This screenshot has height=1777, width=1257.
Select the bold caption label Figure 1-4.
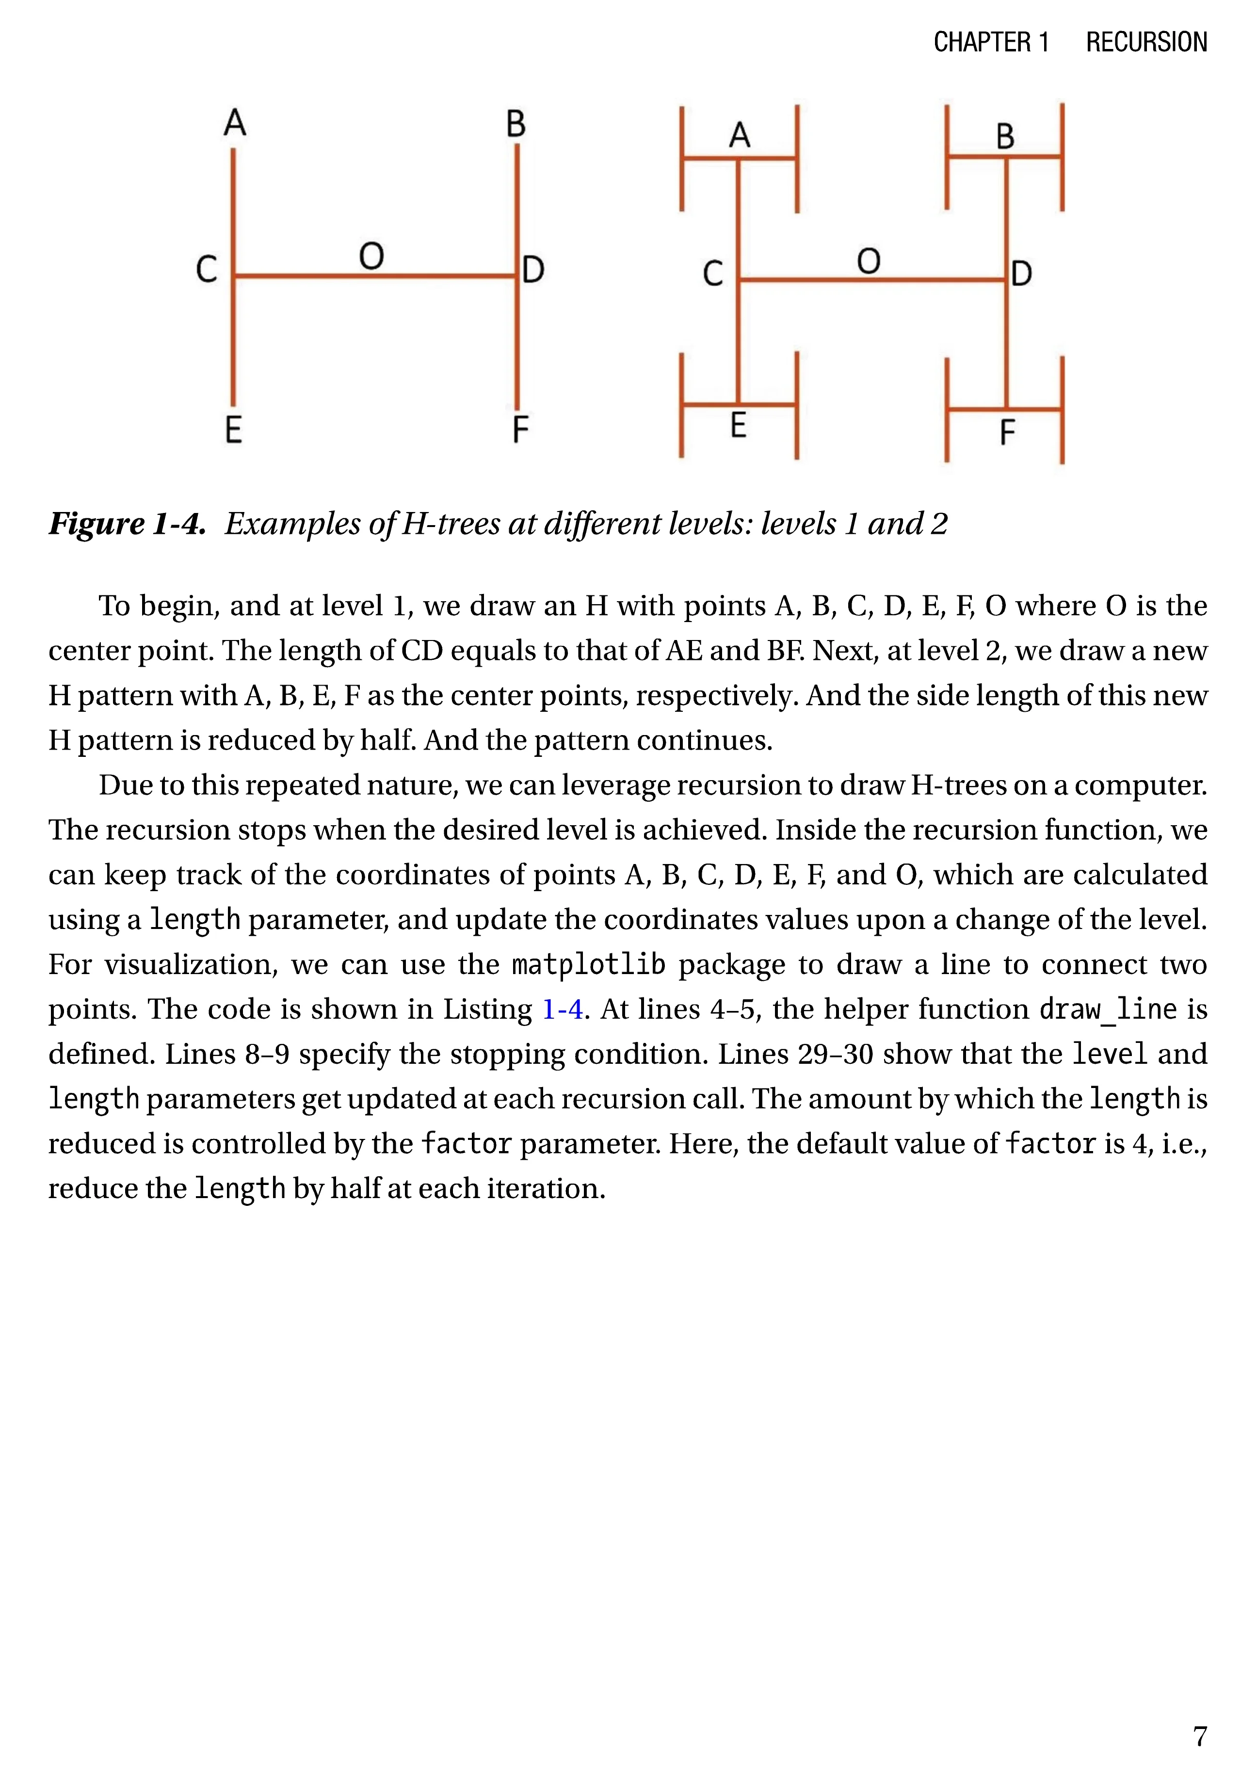(128, 524)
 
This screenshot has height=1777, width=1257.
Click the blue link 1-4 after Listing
(562, 1009)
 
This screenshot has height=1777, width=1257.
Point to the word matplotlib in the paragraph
(588, 964)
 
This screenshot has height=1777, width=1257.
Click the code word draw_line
(1108, 1009)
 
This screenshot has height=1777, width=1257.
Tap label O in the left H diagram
(371, 256)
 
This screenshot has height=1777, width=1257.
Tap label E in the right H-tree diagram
(739, 426)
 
